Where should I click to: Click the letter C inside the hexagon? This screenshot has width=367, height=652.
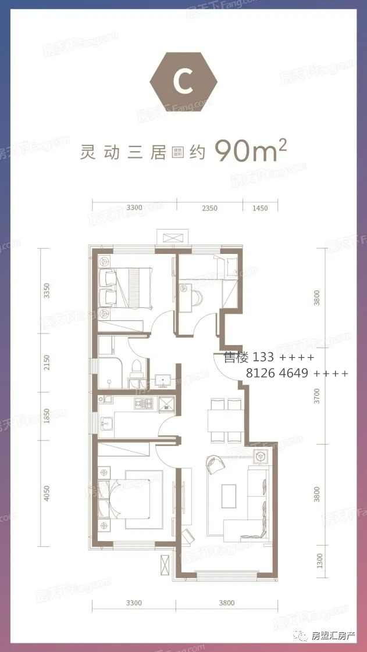point(184,84)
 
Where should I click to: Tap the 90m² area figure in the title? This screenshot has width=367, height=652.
point(251,153)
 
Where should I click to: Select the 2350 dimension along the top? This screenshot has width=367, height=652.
point(209,208)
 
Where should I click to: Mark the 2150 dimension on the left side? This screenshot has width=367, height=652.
point(47,363)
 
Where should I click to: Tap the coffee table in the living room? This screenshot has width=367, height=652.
point(229,493)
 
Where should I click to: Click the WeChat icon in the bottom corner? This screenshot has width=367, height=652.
point(303,635)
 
